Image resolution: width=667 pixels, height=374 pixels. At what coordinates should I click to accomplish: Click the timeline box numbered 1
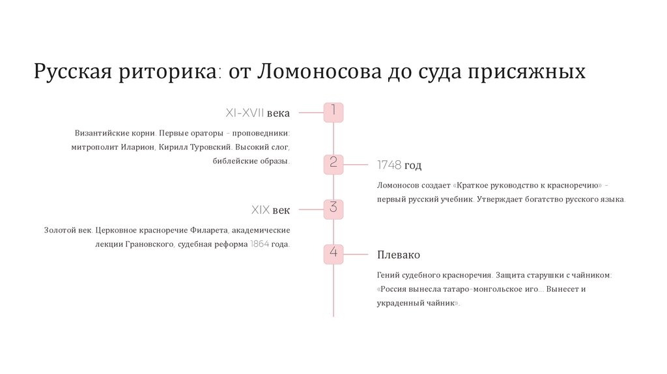pos(333,112)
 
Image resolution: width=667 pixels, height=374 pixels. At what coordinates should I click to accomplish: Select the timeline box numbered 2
pos(333,164)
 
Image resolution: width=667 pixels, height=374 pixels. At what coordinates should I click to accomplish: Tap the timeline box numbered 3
pos(333,209)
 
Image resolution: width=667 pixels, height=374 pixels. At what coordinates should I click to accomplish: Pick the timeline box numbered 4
pos(333,253)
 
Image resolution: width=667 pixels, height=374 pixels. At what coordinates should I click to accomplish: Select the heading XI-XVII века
pos(257,113)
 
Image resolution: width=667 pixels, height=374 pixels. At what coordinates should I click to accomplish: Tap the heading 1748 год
pos(399,165)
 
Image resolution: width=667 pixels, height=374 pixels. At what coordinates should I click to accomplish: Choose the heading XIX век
pos(270,210)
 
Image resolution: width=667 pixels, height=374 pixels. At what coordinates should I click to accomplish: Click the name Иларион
pos(137,147)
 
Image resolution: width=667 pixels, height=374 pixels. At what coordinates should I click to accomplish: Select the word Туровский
pos(211,147)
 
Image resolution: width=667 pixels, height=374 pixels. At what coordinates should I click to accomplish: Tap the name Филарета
pos(210,230)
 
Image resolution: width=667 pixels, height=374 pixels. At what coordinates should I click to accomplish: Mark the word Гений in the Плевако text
pos(388,275)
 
